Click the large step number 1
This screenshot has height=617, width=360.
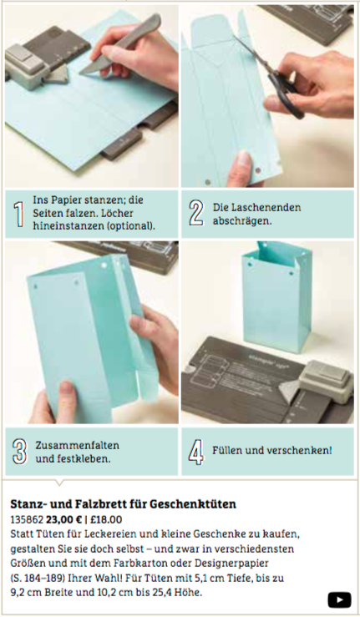click(x=18, y=215)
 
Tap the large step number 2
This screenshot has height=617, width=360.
click(x=196, y=213)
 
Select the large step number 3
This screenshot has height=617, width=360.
click(x=19, y=451)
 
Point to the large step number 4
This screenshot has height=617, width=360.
click(x=196, y=452)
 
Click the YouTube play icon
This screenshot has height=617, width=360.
click(x=339, y=599)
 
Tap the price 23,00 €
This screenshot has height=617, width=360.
click(x=63, y=520)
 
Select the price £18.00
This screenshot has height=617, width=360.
click(x=106, y=520)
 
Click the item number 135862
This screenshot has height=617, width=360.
click(x=27, y=520)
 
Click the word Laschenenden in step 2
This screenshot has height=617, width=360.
click(x=256, y=207)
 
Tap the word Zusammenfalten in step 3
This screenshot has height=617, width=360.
click(x=77, y=446)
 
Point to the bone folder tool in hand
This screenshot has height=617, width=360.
click(x=120, y=44)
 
